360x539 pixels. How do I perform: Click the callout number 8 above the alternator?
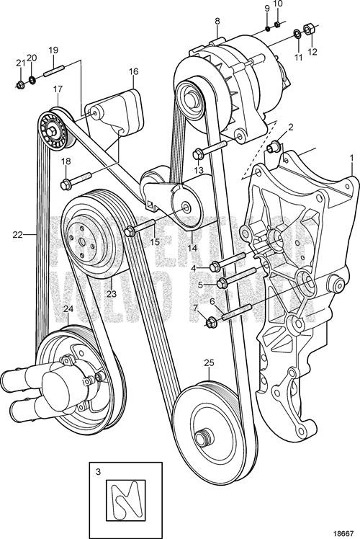(x=217, y=22)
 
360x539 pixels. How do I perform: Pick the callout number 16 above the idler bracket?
(x=134, y=72)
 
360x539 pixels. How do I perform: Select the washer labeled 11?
(x=297, y=34)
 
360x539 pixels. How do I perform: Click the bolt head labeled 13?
(x=197, y=153)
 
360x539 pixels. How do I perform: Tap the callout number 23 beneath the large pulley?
(x=111, y=293)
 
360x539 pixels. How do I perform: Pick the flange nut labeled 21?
(x=20, y=86)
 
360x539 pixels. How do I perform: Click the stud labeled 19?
(x=55, y=72)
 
